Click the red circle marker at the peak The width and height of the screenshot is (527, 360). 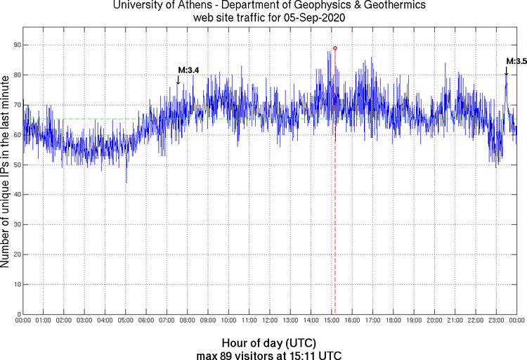[335, 48]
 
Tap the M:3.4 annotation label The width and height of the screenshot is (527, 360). [189, 70]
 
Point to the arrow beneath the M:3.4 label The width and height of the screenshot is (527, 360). [178, 80]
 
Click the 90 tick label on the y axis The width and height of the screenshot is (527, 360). [15, 45]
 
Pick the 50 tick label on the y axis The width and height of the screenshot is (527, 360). [15, 165]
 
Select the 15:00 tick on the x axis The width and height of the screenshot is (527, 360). [332, 321]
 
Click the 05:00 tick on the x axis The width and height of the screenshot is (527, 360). [126, 321]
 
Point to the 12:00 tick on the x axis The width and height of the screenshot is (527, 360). [270, 321]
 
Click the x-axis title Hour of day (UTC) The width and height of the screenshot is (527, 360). [269, 342]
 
